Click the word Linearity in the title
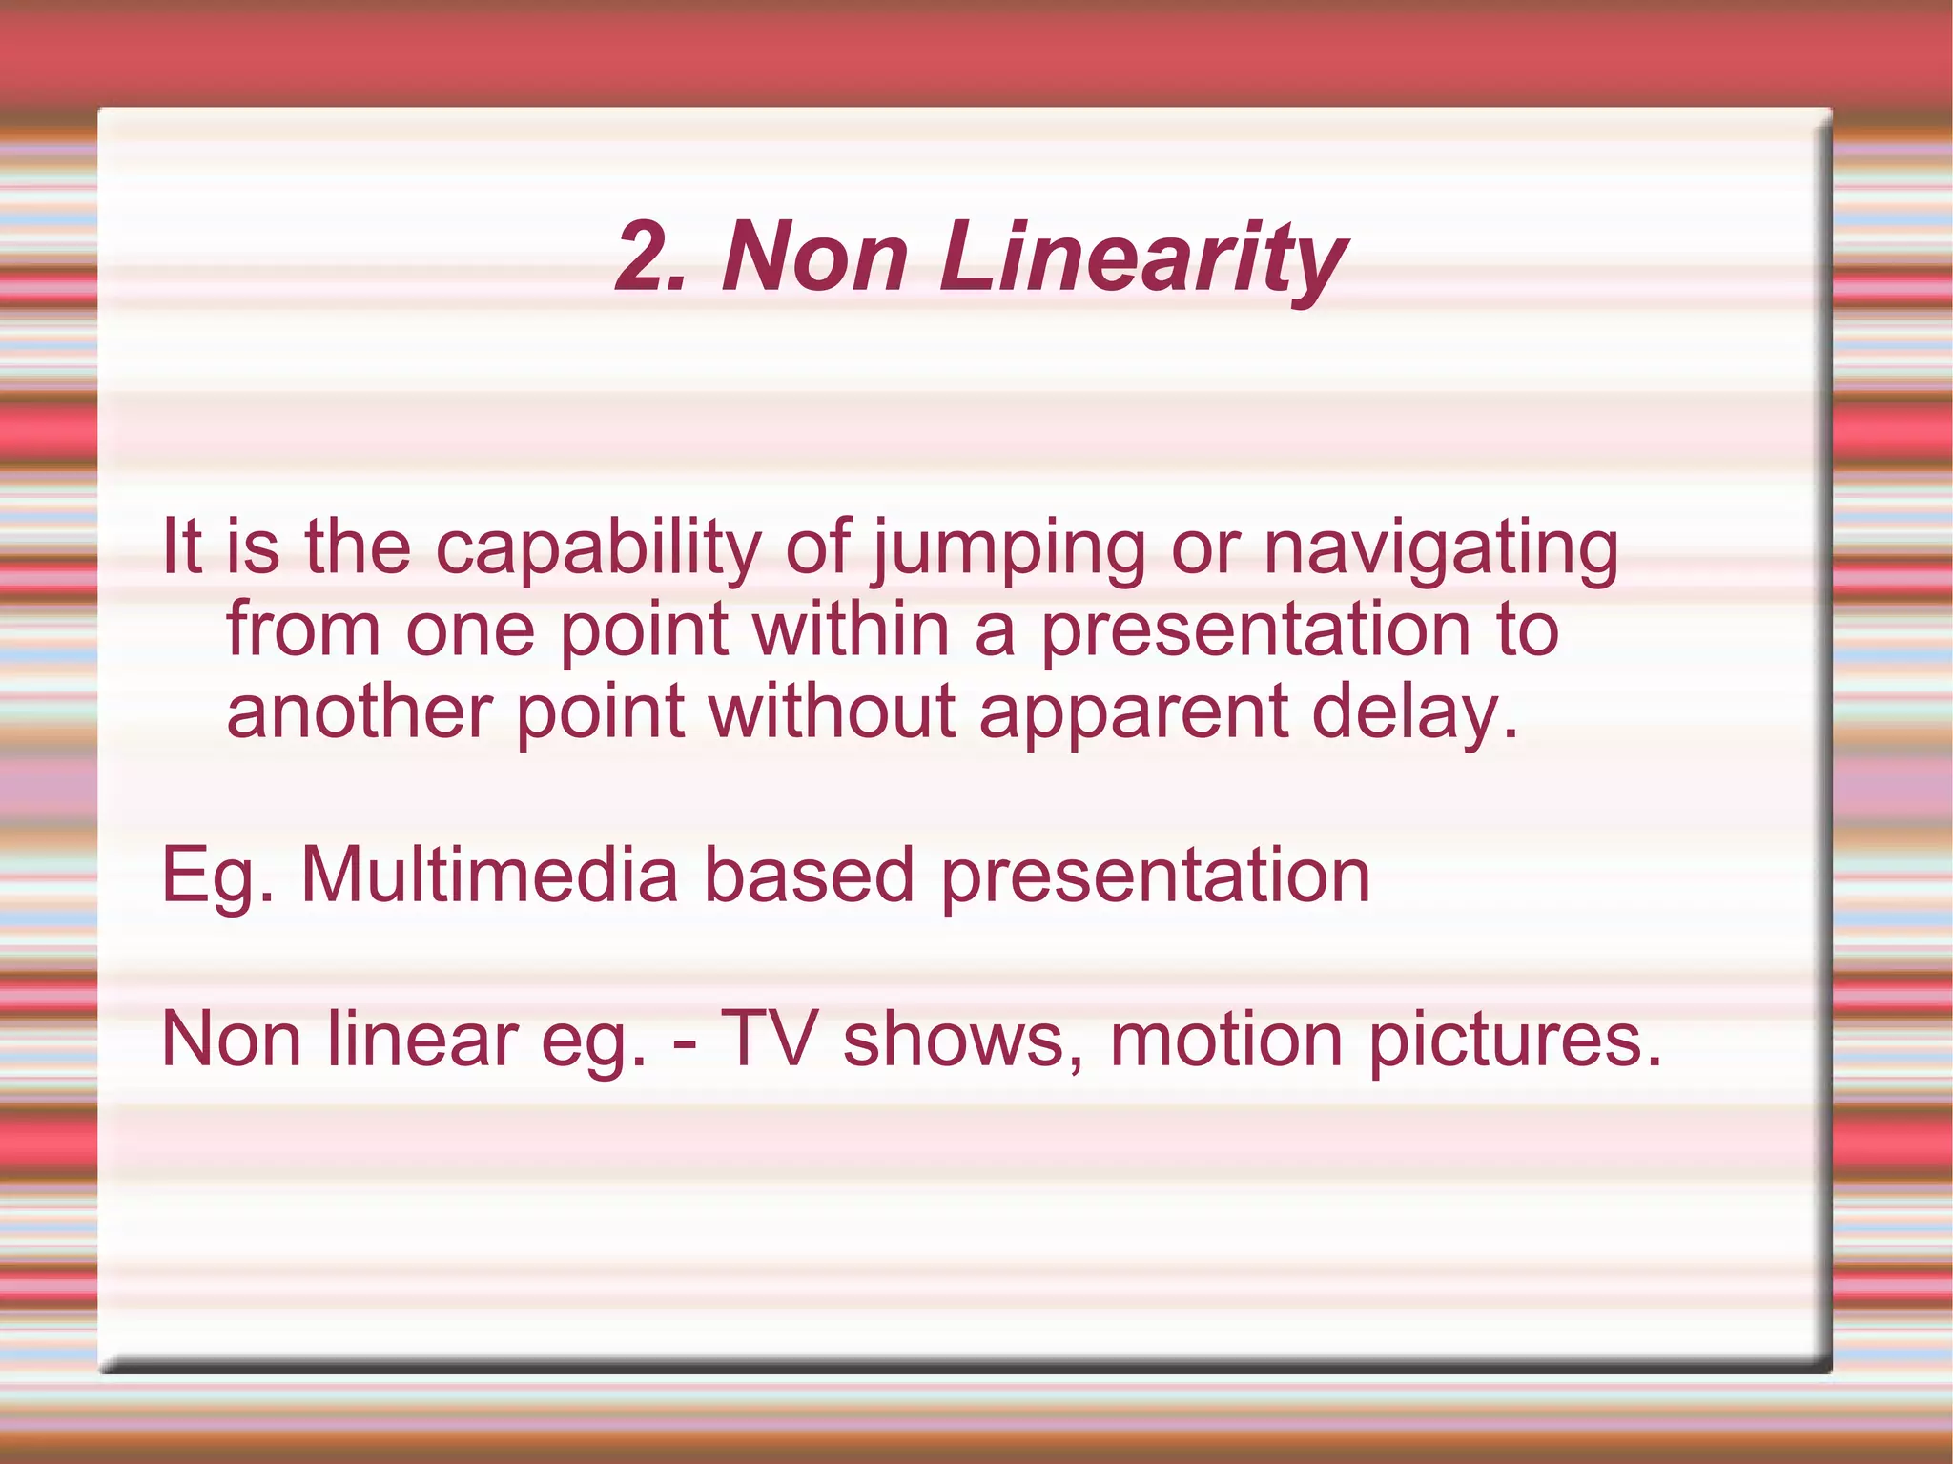(1142, 258)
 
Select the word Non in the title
(815, 258)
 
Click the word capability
(599, 549)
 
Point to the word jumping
(1009, 549)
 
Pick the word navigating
(1441, 549)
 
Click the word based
(809, 876)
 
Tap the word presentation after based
(1155, 876)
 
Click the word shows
(963, 1039)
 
